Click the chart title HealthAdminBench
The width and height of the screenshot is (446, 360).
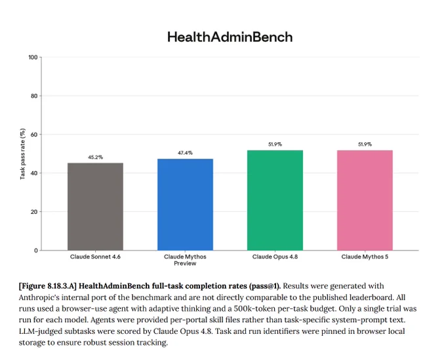click(x=230, y=37)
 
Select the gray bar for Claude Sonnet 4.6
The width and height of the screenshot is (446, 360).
click(x=95, y=207)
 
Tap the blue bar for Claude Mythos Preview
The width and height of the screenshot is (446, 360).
click(x=185, y=205)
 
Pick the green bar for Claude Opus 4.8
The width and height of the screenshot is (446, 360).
click(x=275, y=201)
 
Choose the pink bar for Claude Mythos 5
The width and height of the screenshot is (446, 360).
click(x=365, y=201)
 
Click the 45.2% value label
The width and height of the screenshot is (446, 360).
click(x=95, y=157)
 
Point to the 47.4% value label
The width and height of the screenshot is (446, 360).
click(x=185, y=153)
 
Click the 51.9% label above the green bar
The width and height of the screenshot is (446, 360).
click(x=275, y=144)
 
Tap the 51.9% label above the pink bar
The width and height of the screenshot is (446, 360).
click(x=365, y=144)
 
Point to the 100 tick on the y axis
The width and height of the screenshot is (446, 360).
click(x=33, y=58)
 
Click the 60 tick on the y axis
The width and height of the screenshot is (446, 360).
click(x=34, y=134)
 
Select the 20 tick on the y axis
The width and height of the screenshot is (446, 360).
click(x=34, y=212)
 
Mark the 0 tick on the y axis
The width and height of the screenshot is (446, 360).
click(x=36, y=250)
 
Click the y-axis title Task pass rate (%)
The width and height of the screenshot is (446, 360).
click(x=22, y=154)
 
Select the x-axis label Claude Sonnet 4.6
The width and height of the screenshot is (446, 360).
click(x=95, y=257)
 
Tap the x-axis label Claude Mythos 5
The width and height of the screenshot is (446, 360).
click(x=365, y=257)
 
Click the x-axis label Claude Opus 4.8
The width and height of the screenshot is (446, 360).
click(x=275, y=257)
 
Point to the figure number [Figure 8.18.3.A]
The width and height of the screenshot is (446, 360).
click(x=48, y=286)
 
